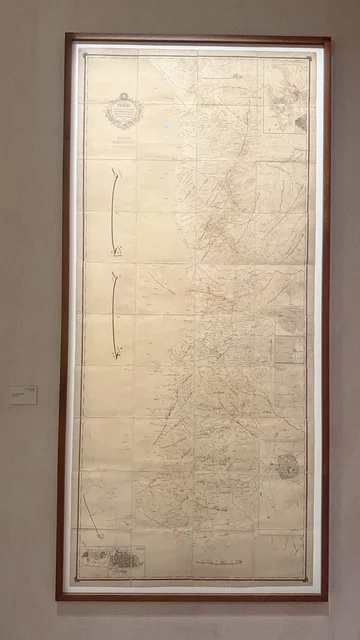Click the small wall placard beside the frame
23,395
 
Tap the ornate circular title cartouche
124,110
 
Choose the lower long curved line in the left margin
114,314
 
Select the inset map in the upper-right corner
287,97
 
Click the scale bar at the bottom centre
218,562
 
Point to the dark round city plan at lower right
287,466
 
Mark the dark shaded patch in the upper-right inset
300,121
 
